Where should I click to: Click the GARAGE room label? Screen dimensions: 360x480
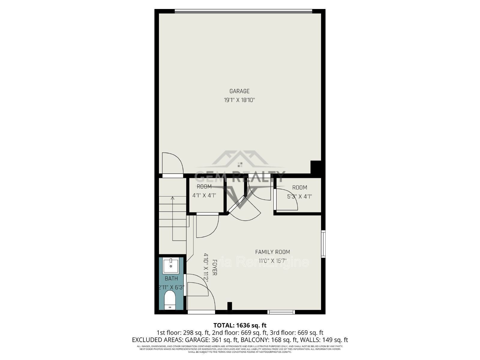pyautogui.click(x=239, y=91)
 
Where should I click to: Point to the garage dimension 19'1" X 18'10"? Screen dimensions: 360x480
pyautogui.click(x=239, y=100)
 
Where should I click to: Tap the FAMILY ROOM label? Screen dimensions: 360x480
pyautogui.click(x=272, y=252)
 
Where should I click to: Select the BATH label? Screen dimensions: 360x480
pyautogui.click(x=171, y=279)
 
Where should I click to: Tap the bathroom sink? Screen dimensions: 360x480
pyautogui.click(x=171, y=265)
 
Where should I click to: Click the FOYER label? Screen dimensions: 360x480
pyautogui.click(x=214, y=268)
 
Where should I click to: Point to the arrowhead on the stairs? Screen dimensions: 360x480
pyautogui.click(x=172, y=197)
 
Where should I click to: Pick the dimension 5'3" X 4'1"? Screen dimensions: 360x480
pyautogui.click(x=299, y=196)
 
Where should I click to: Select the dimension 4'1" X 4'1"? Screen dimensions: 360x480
pyautogui.click(x=204, y=195)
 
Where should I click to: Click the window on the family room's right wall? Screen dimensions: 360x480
pyautogui.click(x=323, y=244)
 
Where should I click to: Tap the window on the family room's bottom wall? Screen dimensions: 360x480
pyautogui.click(x=281, y=312)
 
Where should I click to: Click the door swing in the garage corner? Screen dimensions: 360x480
pyautogui.click(x=172, y=163)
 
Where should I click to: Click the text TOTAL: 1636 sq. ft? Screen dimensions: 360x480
pyautogui.click(x=240, y=325)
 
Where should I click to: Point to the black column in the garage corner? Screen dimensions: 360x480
pyautogui.click(x=316, y=167)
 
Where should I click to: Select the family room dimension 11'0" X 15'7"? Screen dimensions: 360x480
pyautogui.click(x=272, y=261)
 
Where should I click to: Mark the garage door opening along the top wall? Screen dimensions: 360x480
pyautogui.click(x=243, y=11)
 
